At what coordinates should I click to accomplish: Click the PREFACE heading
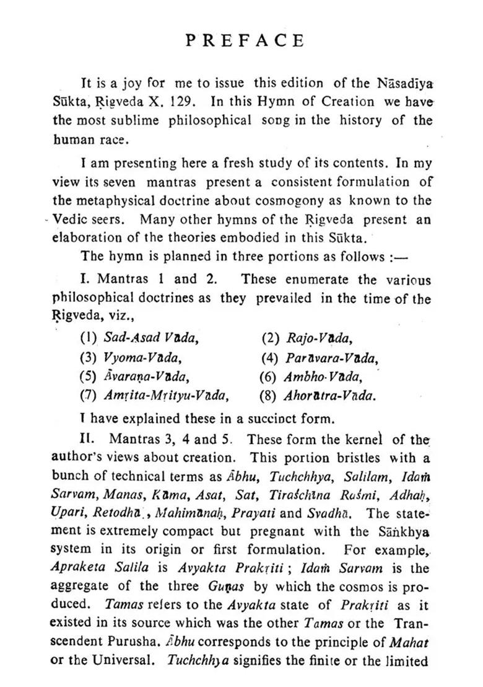coord(245,41)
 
